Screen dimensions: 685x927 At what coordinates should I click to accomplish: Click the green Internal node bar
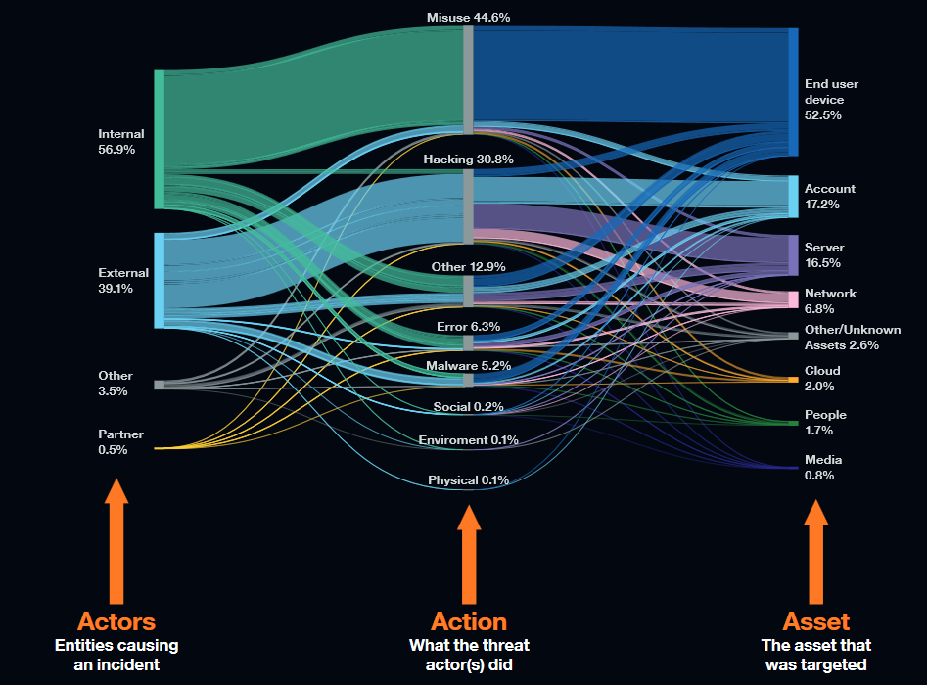[159, 139]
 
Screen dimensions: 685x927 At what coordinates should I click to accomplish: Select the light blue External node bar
[159, 280]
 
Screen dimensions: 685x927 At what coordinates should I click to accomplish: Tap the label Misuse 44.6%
[468, 18]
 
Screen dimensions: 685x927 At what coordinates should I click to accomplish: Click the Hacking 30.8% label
[468, 159]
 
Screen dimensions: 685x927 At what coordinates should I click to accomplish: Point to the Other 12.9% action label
[468, 266]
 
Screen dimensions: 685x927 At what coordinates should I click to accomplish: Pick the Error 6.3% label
[468, 326]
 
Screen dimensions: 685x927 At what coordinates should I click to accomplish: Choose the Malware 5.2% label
[468, 366]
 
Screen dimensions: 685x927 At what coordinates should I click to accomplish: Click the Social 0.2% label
[468, 407]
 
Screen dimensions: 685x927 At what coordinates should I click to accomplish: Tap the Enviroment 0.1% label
[468, 440]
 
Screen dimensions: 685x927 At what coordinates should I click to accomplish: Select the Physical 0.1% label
[468, 480]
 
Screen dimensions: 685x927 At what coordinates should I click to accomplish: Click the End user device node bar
[793, 92]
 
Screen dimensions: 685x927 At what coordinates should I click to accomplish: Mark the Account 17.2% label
[829, 197]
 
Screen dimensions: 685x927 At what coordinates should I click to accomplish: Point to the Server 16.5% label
[823, 255]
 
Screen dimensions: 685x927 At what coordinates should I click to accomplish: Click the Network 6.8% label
[830, 301]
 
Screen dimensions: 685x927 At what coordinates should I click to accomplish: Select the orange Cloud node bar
[793, 379]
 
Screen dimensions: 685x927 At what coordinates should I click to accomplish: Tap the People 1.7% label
[825, 423]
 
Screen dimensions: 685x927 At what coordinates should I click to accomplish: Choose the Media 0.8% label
[822, 468]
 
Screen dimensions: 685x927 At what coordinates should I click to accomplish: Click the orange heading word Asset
[815, 621]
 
